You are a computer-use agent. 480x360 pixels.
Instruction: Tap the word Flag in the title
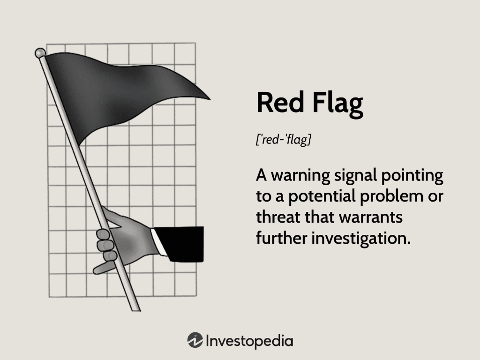coord(337,104)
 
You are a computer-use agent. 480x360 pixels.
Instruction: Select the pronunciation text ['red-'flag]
coord(284,140)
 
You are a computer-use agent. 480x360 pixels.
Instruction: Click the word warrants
coord(371,217)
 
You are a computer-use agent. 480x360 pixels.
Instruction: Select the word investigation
coord(361,239)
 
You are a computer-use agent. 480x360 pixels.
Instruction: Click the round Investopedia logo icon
coord(195,340)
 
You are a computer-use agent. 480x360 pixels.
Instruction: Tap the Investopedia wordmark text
coord(249,341)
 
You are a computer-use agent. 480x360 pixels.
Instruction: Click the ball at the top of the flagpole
coord(40,53)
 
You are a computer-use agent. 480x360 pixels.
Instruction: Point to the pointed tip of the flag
coord(210,99)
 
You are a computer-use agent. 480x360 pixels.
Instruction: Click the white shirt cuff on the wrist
coord(158,242)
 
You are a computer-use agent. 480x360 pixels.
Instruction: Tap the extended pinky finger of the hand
coord(104,268)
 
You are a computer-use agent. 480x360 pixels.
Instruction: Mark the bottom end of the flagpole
coord(136,310)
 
